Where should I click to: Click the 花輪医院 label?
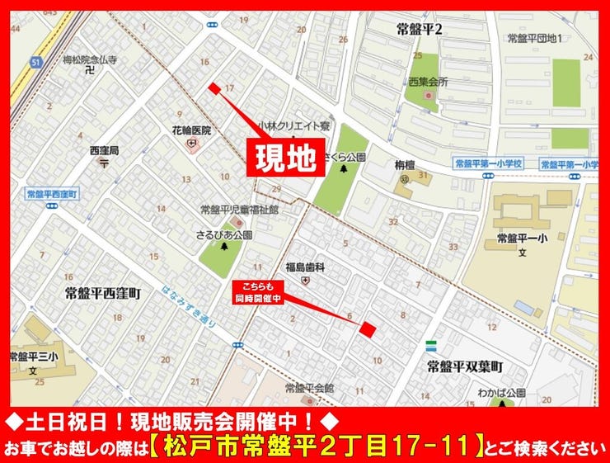[x=191, y=130]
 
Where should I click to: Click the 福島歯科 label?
[x=306, y=267]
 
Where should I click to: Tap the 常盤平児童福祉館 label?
[x=240, y=210]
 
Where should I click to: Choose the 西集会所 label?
[x=427, y=82]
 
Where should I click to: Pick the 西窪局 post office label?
[x=105, y=151]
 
